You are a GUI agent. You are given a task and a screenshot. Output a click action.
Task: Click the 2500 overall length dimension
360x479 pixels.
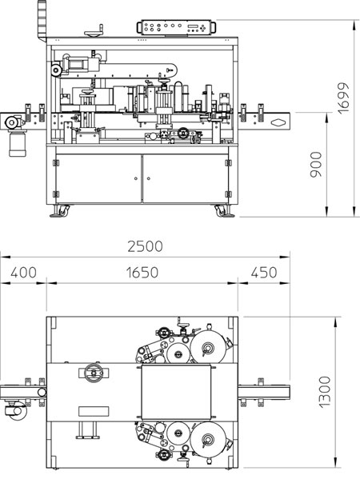[145, 246]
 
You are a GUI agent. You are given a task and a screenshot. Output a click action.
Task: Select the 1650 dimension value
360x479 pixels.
[142, 273]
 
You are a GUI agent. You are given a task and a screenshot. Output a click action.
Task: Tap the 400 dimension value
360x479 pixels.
[23, 273]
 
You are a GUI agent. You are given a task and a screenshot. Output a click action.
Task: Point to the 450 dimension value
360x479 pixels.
[264, 273]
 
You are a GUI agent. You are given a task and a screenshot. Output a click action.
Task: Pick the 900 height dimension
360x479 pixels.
[316, 165]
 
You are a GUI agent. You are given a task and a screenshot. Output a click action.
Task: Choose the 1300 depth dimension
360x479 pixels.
[325, 392]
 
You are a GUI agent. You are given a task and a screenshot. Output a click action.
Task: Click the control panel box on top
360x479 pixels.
[176, 27]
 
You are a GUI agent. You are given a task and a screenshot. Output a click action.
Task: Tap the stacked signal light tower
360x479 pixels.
[42, 20]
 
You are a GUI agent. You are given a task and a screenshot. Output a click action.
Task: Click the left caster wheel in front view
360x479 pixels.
[64, 210]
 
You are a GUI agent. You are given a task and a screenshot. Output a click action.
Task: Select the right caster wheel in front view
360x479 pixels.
[221, 211]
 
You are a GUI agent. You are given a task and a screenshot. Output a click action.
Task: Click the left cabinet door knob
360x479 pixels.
[136, 178]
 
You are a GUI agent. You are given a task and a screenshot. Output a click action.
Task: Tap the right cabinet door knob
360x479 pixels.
[149, 178]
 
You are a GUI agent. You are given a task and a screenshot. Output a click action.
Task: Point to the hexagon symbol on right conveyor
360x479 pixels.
[278, 122]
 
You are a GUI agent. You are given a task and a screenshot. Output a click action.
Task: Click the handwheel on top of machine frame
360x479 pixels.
[94, 32]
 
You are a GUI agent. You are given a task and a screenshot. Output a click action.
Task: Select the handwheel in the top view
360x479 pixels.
[94, 373]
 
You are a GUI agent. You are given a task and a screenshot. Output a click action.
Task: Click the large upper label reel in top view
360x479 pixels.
[209, 347]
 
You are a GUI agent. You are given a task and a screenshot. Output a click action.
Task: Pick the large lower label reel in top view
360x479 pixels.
[209, 440]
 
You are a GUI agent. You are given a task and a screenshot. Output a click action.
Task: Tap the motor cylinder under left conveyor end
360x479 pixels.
[18, 144]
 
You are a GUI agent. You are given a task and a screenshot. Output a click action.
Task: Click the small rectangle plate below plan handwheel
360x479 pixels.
[94, 411]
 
